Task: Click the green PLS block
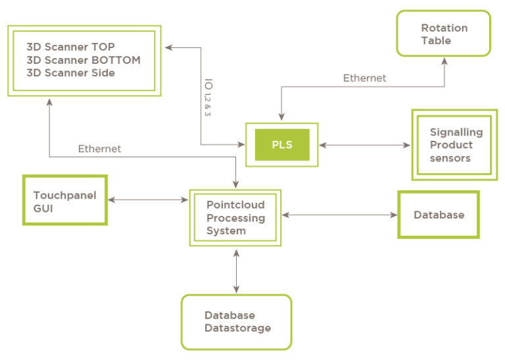coord(282,145)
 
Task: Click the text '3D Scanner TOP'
coord(70,47)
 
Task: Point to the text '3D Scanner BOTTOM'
coord(84,60)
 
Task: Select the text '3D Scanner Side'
coord(70,73)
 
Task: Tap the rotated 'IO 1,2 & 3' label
coord(208,97)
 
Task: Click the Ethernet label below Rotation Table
coord(364,78)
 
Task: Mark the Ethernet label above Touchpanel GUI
coord(99,149)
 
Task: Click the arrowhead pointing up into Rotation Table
coord(445,61)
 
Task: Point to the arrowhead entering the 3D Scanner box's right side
coord(169,47)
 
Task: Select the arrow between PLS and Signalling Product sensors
coord(364,145)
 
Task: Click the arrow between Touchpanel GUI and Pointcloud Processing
coord(148,200)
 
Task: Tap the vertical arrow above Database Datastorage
coord(237,271)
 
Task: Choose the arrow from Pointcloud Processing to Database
coord(340,215)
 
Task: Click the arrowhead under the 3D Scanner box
coord(49,103)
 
